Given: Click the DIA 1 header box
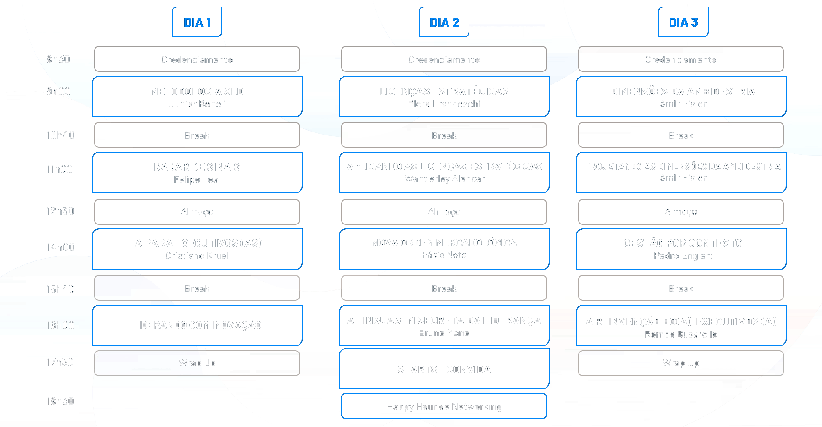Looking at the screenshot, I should (x=197, y=22).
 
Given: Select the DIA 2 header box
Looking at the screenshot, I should (x=444, y=22).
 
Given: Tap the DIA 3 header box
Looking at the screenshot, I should (x=683, y=22).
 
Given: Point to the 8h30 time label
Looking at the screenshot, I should (x=58, y=59).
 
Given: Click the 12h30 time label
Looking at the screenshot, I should (x=60, y=211).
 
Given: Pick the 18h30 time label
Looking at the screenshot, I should (x=60, y=401).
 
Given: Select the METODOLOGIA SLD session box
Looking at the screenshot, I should (x=197, y=96).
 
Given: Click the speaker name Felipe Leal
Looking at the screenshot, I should (x=197, y=180).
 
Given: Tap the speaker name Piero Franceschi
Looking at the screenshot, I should (x=444, y=104).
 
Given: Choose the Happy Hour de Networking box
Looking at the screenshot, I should (x=444, y=406).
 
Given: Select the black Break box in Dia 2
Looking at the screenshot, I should (x=444, y=135).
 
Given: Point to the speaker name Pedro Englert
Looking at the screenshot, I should (x=683, y=256).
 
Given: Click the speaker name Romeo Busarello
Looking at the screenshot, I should (x=681, y=334).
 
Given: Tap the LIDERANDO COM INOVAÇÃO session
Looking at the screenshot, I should (x=197, y=325).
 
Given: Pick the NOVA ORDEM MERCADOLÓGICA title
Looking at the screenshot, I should (x=444, y=243).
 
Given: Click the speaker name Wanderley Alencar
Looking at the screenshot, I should (x=444, y=179).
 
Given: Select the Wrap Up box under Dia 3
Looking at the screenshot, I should (x=681, y=363).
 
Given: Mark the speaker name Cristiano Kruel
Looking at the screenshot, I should (x=197, y=256).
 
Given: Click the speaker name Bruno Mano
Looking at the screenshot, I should (x=444, y=333).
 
